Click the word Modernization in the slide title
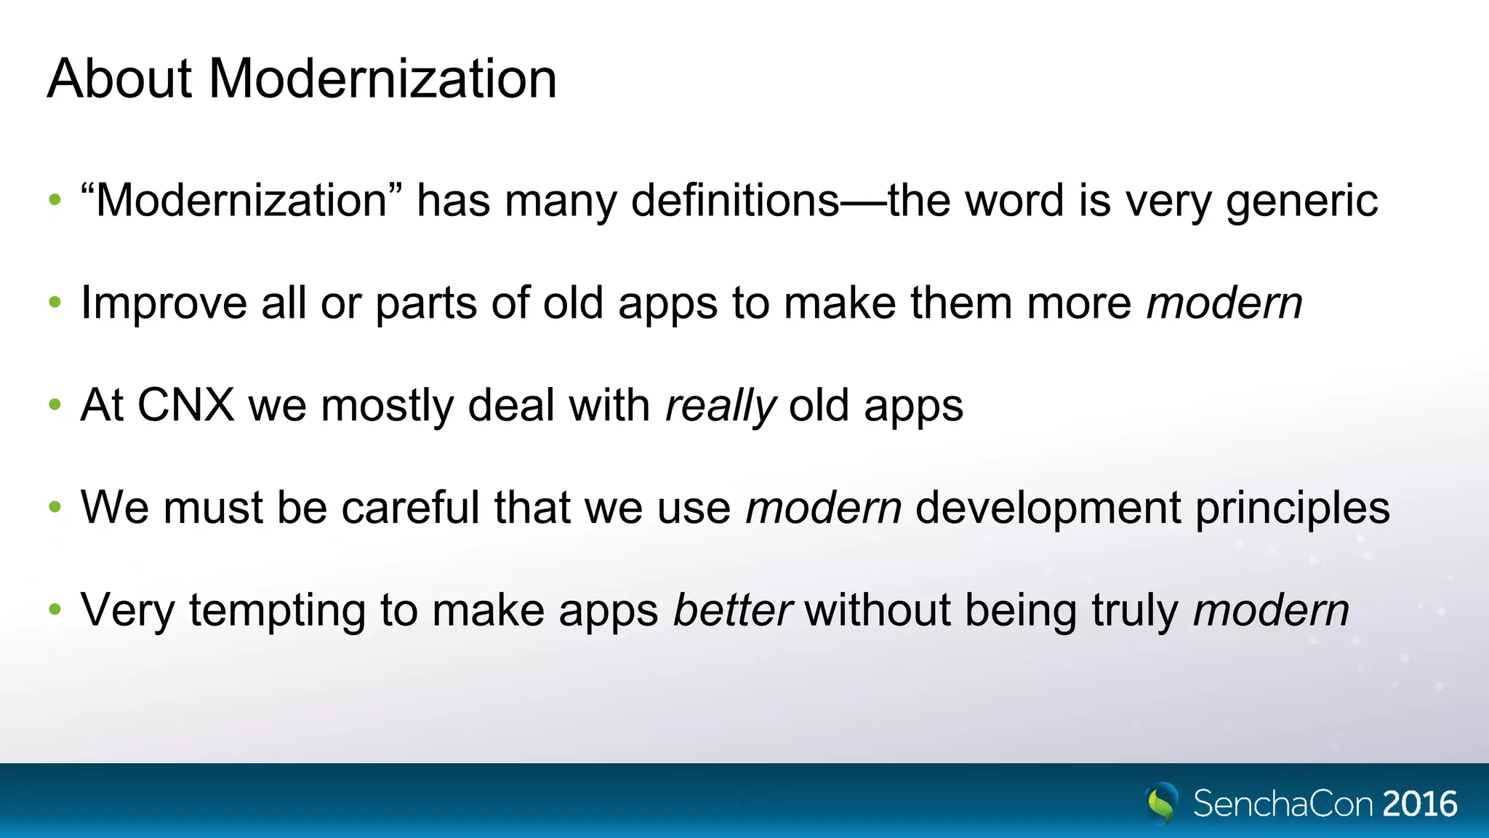coord(382,79)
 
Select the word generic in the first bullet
coord(1301,201)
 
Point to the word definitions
coord(735,200)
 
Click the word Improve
coord(164,303)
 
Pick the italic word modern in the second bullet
coord(1224,303)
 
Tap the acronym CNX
coord(186,405)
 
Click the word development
coord(1048,508)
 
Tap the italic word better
coord(731,610)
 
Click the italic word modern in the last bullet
coord(1271,610)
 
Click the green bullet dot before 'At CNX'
coord(55,404)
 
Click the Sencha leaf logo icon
coord(1161,803)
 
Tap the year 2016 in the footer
coord(1420,804)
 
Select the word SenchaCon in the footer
coord(1283,804)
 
